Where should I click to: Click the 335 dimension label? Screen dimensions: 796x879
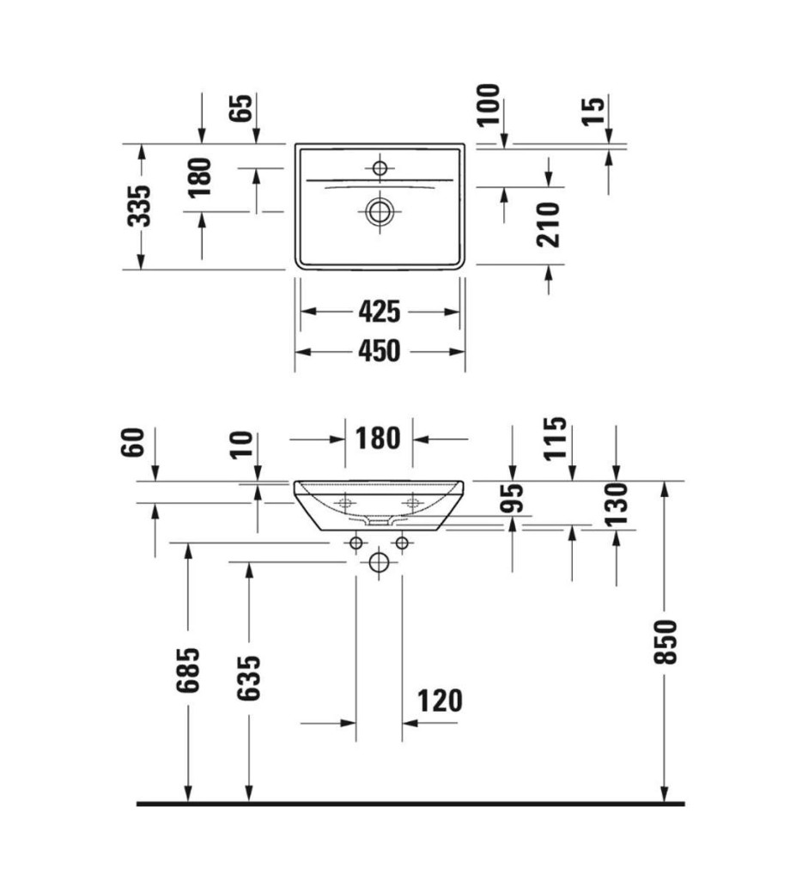tap(139, 206)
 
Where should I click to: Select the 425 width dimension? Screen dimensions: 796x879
tap(380, 312)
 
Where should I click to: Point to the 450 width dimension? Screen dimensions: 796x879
tap(380, 351)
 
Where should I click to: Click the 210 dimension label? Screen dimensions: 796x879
tap(548, 225)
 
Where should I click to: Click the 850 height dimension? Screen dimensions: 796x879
tap(665, 642)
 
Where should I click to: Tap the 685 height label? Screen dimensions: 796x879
tap(188, 670)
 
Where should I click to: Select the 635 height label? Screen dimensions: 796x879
tap(248, 678)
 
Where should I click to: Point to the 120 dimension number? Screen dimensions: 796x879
tap(440, 700)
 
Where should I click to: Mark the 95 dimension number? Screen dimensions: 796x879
tap(512, 498)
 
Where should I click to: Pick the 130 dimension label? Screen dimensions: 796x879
tap(617, 503)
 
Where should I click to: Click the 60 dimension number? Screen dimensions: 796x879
tap(133, 442)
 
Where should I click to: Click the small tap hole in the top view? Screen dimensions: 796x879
tap(380, 167)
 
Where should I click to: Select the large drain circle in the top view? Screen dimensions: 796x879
tap(380, 211)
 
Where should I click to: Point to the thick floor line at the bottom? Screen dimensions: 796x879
tap(410, 803)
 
